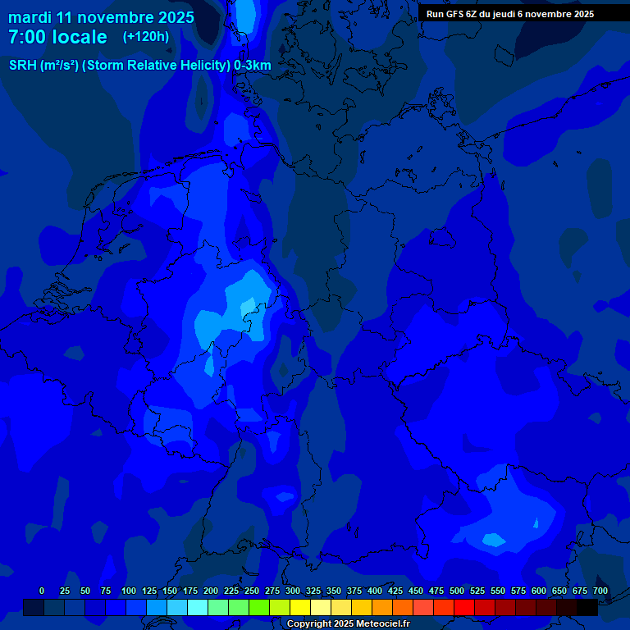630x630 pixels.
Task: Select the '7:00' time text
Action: (x=27, y=38)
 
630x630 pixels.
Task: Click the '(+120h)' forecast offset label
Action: (x=146, y=37)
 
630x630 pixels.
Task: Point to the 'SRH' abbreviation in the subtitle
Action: (x=23, y=66)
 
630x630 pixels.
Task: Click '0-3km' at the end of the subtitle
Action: (x=253, y=66)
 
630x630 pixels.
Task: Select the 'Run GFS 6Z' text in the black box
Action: (x=453, y=14)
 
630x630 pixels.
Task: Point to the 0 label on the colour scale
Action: (x=42, y=591)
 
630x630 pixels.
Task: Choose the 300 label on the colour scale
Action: (x=293, y=591)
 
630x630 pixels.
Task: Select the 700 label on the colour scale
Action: (x=600, y=591)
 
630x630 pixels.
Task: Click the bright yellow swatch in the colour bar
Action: (x=300, y=607)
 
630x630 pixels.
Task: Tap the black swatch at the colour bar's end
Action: (x=587, y=607)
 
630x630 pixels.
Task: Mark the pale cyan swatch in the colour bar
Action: (x=198, y=607)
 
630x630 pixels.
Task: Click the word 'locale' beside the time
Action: (x=79, y=38)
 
